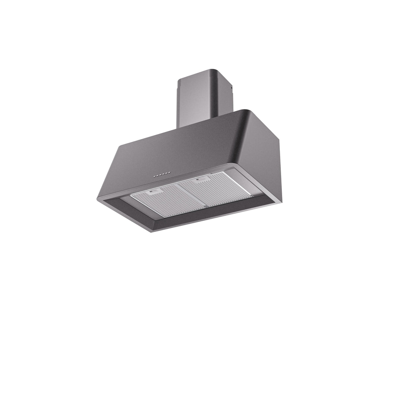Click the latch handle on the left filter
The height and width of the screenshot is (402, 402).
tap(154, 192)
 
